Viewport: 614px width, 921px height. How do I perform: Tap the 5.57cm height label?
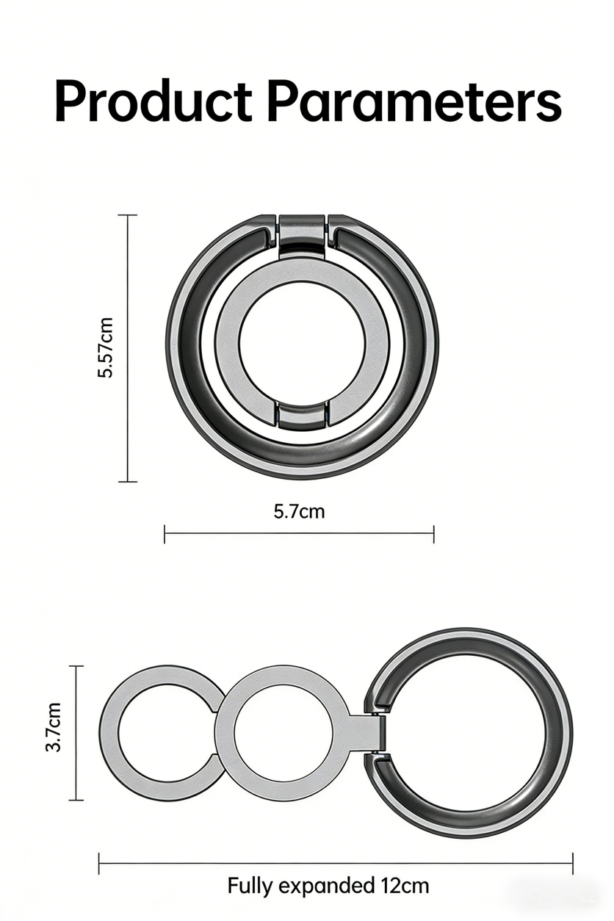point(106,347)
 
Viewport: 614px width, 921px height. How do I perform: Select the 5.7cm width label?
point(299,510)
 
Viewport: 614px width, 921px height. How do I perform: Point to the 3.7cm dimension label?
point(54,726)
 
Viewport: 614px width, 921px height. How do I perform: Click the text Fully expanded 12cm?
point(328,885)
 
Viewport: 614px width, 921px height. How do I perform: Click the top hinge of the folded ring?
point(301,234)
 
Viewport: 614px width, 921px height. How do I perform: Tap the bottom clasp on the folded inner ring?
point(301,416)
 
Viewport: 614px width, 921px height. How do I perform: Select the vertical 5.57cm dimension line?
point(128,348)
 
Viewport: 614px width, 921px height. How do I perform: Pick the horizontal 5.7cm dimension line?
point(299,534)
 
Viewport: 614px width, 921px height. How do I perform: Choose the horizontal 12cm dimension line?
point(336,864)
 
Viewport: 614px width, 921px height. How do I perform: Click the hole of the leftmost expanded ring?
point(158,733)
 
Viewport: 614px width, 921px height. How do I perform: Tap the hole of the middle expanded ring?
point(283,733)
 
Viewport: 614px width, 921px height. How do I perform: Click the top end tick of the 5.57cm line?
point(128,215)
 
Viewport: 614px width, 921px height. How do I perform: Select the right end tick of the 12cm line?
point(572,864)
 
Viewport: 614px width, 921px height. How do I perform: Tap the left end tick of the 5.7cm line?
point(165,534)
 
